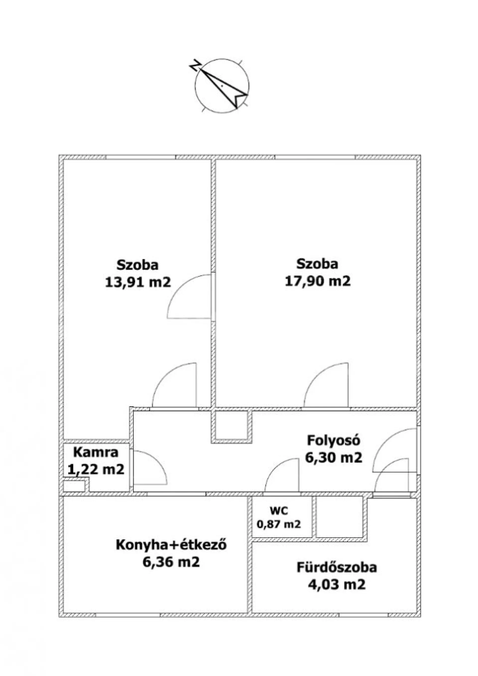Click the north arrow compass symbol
tap(222, 85)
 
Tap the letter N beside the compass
tap(195, 65)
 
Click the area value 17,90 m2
tap(318, 281)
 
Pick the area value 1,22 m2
tap(96, 469)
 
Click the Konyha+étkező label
tap(171, 545)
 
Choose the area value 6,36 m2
tap(171, 562)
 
